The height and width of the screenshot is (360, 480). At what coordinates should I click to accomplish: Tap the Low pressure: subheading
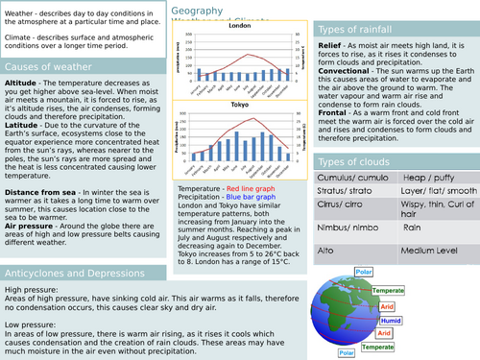pos(30,324)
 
